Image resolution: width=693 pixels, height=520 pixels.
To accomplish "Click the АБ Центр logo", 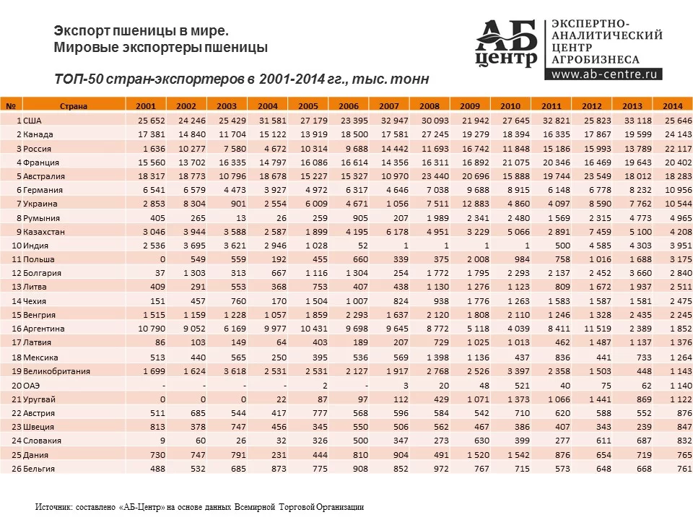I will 507,43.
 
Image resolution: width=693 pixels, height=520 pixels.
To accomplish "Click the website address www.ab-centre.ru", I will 606,73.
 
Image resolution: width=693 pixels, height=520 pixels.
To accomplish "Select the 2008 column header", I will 430,106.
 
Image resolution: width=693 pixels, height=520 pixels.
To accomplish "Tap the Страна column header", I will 74,106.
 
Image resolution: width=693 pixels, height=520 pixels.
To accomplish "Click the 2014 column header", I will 673,106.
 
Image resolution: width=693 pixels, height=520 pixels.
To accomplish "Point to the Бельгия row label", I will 39,469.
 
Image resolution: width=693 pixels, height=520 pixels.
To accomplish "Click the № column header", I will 11,106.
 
